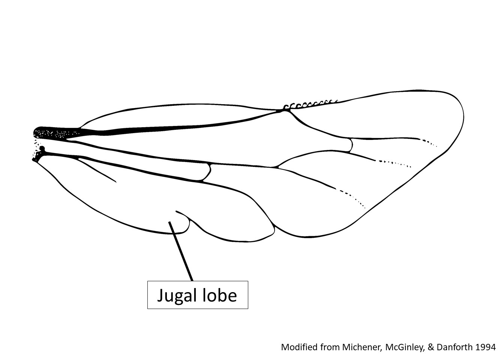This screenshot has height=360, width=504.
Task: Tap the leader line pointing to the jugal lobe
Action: [181, 251]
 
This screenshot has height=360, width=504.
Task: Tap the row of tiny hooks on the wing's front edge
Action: [310, 104]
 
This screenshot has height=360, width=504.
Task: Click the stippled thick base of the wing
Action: [56, 132]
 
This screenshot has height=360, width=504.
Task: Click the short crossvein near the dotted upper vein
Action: [351, 145]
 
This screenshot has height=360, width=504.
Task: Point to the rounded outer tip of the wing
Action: [459, 117]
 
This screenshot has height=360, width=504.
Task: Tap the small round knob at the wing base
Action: [42, 148]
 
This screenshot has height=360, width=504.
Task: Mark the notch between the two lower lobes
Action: [274, 227]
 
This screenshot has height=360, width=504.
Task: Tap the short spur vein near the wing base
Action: [97, 170]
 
